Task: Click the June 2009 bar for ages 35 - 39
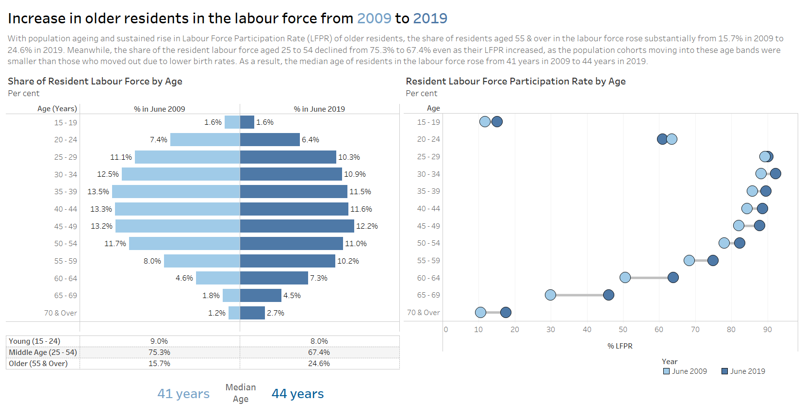point(176,191)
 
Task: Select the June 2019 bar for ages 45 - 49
point(297,226)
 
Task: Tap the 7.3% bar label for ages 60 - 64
point(319,278)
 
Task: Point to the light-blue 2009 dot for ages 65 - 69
point(550,295)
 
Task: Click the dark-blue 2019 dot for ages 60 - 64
point(673,278)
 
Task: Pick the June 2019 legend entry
point(743,371)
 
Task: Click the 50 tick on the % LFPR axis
point(623,330)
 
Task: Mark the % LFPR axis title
point(620,346)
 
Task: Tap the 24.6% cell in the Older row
point(319,364)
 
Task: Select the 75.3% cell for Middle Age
point(159,352)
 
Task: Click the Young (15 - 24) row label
point(34,341)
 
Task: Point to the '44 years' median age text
point(297,394)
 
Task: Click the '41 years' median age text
point(183,394)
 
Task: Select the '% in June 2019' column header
point(319,109)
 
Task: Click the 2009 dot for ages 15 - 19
point(485,122)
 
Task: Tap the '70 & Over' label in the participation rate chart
point(423,313)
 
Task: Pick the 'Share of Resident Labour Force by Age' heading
point(95,82)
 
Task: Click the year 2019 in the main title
point(430,18)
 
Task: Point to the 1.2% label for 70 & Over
point(216,313)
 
